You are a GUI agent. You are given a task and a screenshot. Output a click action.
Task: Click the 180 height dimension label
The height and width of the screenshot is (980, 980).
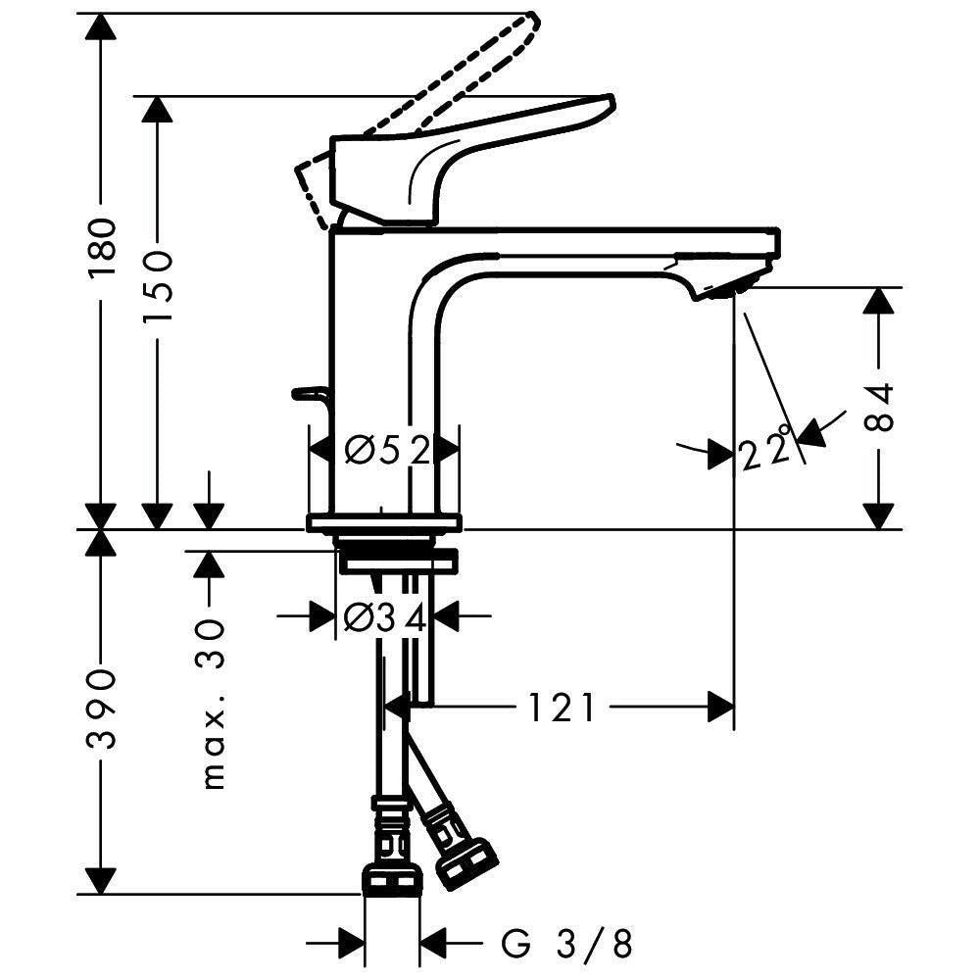coord(102,248)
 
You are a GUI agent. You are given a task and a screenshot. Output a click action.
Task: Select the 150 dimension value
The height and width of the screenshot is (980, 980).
coord(157,287)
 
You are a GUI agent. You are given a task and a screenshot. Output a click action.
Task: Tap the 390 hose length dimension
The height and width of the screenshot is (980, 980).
coord(102,709)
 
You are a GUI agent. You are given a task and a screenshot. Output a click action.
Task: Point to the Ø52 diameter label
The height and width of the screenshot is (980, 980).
coord(387,450)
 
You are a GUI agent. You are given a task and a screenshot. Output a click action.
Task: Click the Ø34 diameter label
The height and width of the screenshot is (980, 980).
coord(385,618)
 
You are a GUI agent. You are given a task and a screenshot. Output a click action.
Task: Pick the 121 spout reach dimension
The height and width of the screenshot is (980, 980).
coord(562,709)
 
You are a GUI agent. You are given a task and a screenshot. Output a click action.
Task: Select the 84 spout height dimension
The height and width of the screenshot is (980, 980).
coord(879,408)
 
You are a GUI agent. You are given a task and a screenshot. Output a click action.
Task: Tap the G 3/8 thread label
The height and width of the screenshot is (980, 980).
coord(566,943)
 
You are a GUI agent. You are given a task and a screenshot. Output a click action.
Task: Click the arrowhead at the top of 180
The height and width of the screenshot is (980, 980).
coord(101,26)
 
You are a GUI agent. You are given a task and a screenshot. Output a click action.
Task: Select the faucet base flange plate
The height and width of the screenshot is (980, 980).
coord(384,523)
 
